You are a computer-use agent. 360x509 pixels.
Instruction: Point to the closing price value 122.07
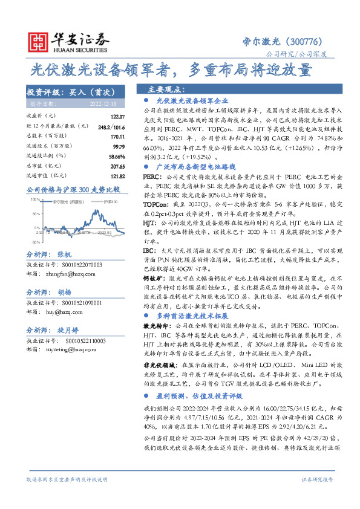point(117,116)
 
